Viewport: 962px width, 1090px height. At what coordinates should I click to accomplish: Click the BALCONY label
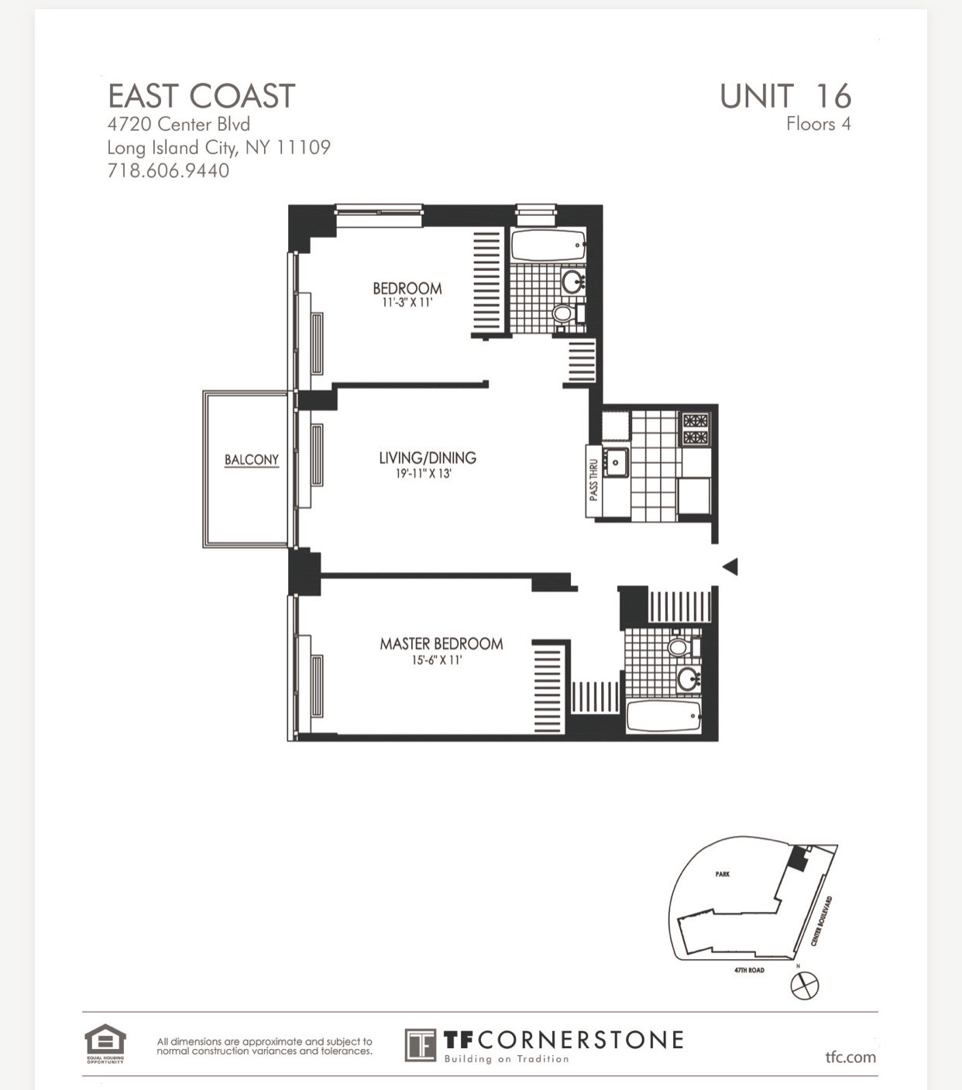coord(251,460)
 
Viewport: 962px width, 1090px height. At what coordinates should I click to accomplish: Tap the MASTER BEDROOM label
coord(441,643)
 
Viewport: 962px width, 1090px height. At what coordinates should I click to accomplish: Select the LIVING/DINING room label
coord(427,458)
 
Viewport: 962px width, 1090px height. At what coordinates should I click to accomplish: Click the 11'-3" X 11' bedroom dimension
coord(407,303)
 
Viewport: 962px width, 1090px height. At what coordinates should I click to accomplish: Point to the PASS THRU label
coord(593,480)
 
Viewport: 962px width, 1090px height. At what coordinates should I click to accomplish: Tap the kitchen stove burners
coord(695,429)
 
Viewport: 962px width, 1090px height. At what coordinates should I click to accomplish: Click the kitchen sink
coord(617,462)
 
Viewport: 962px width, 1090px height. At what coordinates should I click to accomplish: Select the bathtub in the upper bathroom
coord(548,245)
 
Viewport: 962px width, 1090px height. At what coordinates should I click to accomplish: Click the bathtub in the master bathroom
coord(663,717)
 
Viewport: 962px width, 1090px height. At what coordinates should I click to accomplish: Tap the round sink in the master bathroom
coord(688,679)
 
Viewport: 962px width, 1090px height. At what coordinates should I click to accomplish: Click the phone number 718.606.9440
coord(168,170)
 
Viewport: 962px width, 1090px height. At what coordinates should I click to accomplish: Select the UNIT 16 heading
coord(785,96)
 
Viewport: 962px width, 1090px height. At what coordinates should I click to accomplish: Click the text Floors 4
coord(818,124)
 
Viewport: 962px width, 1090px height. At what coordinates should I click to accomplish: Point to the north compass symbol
coord(804,985)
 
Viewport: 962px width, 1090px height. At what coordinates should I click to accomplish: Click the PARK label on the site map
coord(722,874)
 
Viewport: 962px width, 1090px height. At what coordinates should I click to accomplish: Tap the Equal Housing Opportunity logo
coord(105,1044)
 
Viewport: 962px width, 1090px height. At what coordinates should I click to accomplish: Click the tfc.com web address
coord(850,1057)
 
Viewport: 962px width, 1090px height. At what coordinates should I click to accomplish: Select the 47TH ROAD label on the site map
coord(749,970)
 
